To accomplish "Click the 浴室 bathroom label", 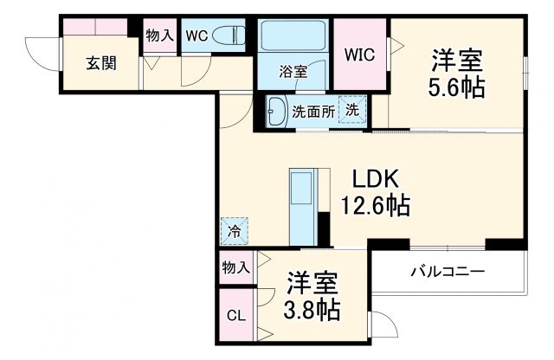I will pyautogui.click(x=293, y=72).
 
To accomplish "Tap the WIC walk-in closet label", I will pyautogui.click(x=360, y=55).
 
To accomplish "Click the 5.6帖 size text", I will pyautogui.click(x=456, y=87).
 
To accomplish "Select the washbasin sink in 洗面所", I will pyautogui.click(x=277, y=111).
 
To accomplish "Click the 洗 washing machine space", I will pyautogui.click(x=352, y=110).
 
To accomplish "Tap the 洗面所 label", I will pyautogui.click(x=312, y=111).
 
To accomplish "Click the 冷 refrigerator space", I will pyautogui.click(x=234, y=230).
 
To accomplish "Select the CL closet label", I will pyautogui.click(x=235, y=316).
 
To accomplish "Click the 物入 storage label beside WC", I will pyautogui.click(x=158, y=35).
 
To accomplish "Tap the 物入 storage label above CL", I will pyautogui.click(x=235, y=267).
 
